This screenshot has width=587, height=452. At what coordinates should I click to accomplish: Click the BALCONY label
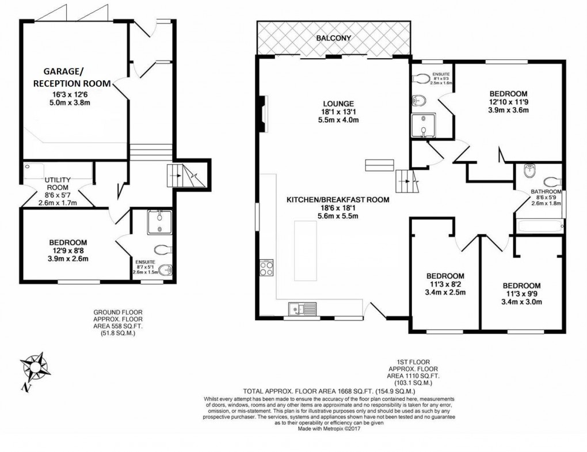334,38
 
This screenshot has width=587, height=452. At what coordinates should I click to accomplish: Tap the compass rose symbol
35,365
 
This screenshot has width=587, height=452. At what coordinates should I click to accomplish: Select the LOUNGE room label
338,104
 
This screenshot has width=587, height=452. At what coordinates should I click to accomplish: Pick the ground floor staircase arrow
179,174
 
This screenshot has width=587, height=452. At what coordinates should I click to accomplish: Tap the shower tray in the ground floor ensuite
159,222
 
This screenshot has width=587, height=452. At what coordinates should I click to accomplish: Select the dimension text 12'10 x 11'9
508,102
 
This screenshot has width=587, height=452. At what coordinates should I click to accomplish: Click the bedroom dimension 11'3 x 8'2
445,284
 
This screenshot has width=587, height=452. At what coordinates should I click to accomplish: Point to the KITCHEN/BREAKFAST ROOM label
338,200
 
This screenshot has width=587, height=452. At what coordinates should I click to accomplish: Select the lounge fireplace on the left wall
264,113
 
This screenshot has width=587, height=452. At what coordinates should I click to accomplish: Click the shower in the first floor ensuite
423,126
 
